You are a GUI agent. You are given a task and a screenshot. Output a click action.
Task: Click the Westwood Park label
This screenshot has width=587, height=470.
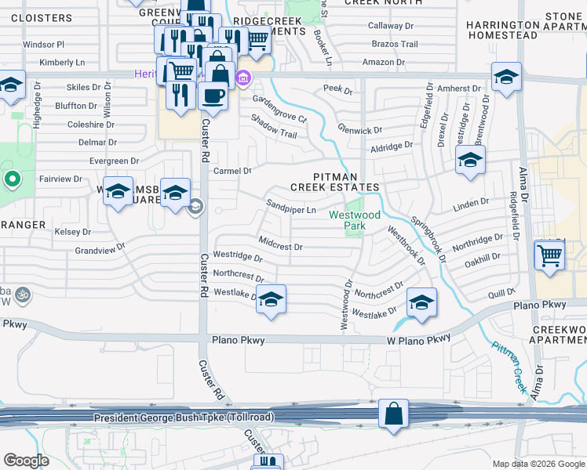click(x=355, y=219)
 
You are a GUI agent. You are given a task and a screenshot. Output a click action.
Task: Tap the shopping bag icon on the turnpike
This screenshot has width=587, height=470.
click(x=393, y=413)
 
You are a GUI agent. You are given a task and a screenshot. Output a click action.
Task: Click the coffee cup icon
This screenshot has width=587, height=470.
click(x=213, y=96)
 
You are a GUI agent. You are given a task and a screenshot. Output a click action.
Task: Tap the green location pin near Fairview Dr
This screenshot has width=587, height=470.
click(x=12, y=181)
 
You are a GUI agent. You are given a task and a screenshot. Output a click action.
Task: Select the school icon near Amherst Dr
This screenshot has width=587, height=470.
click(x=506, y=77)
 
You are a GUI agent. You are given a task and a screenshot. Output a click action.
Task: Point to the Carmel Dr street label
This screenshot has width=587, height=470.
click(x=232, y=171)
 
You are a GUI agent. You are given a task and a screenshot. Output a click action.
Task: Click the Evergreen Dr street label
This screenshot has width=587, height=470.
click(x=114, y=161)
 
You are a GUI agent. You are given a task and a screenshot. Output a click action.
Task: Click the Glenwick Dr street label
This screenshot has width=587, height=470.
click(x=359, y=130)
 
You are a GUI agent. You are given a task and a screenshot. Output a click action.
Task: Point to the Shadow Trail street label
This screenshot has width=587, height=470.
click(x=273, y=127)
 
